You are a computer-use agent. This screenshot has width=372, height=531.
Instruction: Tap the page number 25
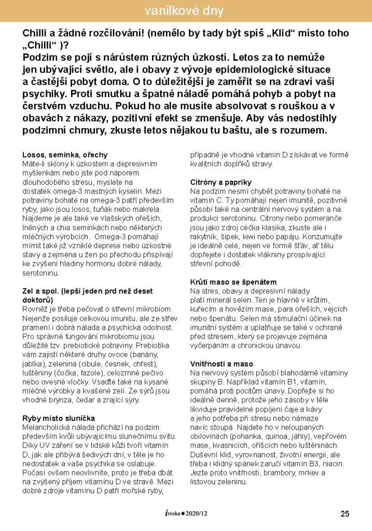coord(345,514)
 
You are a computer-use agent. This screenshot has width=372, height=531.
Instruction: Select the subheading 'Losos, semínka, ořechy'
coord(65,155)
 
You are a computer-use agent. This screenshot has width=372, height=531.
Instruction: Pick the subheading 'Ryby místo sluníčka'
coord(58,418)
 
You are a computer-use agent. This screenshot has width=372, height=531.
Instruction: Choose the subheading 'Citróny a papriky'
coord(221,183)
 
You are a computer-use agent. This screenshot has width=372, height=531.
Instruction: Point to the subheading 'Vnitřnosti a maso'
coord(222,364)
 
